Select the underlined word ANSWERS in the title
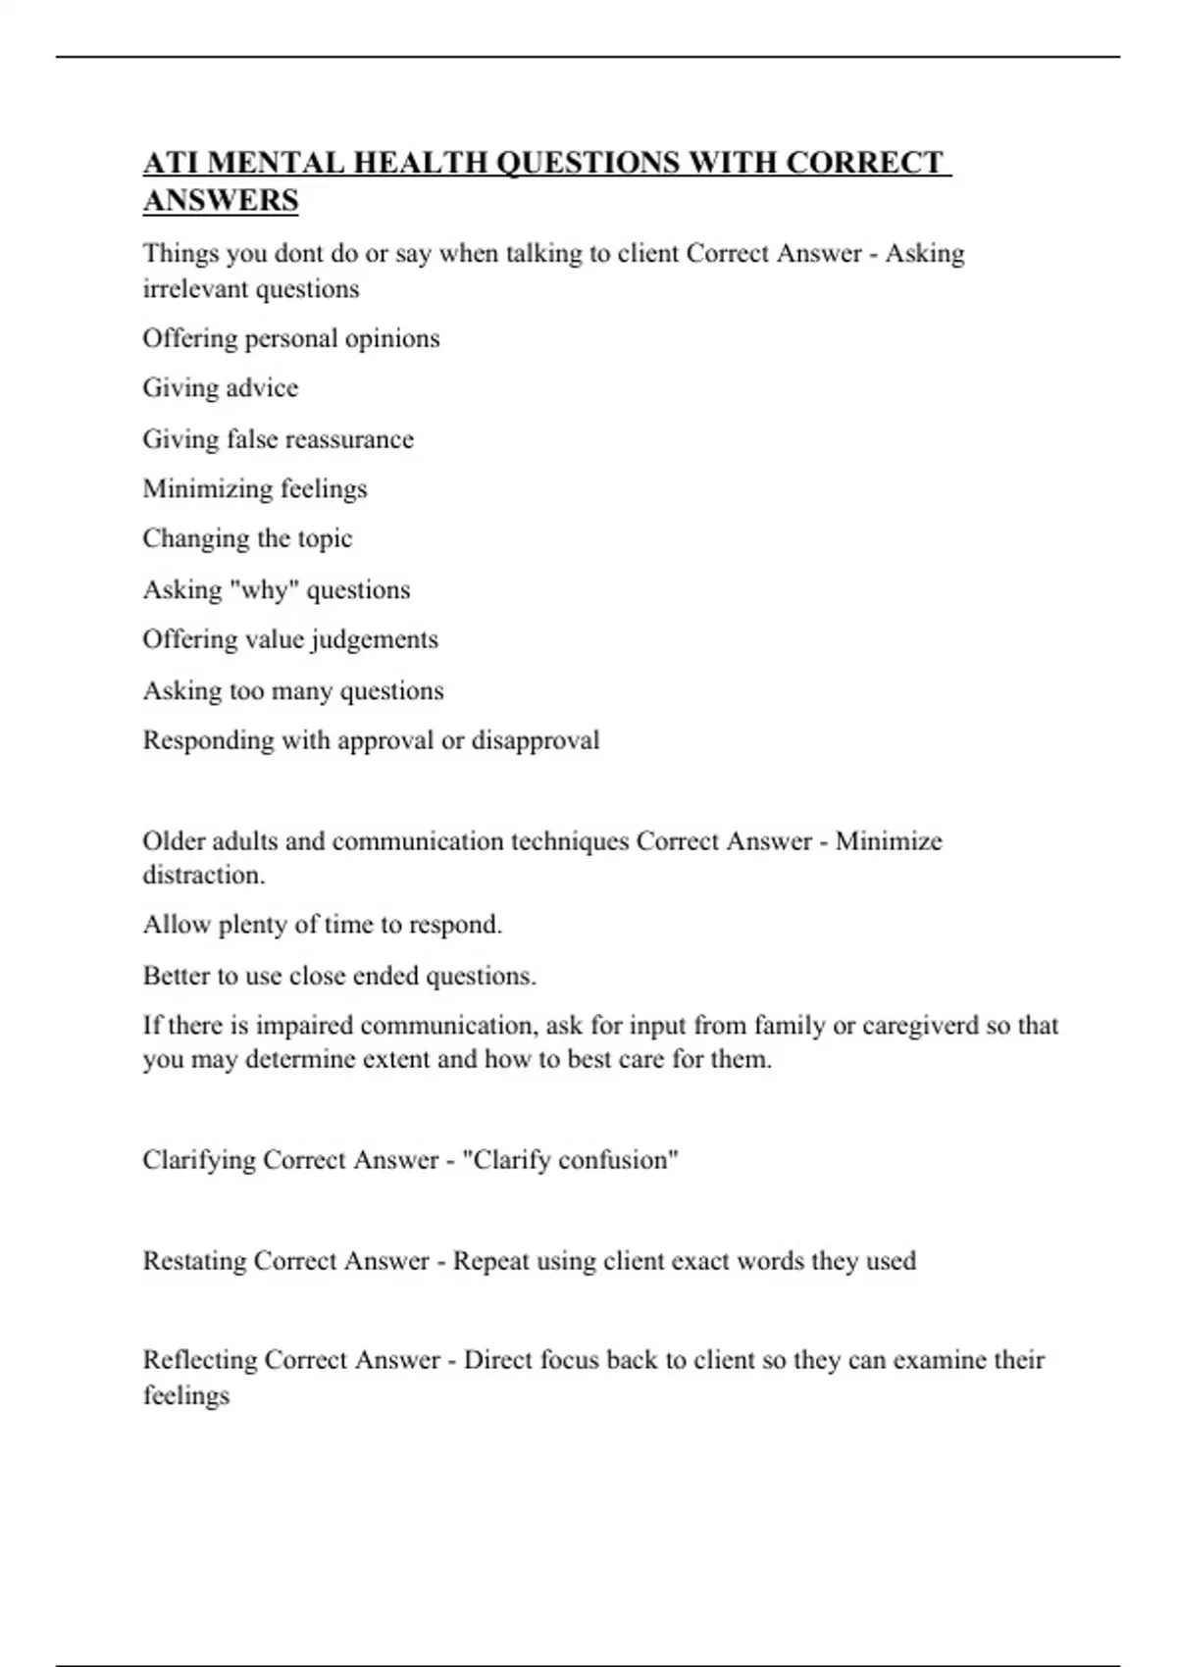[221, 200]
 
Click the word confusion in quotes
[618, 1160]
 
